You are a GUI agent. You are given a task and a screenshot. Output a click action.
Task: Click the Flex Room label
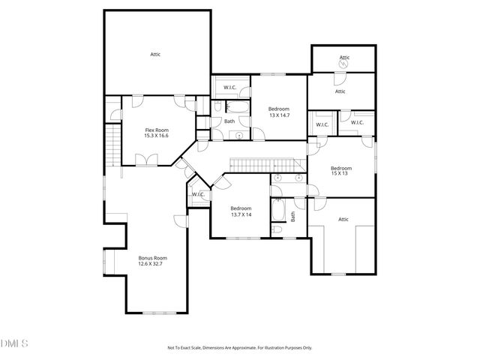(x=157, y=130)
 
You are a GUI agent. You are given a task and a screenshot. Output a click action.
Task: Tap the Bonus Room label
(x=151, y=257)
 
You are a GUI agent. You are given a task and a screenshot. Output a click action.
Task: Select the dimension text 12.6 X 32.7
(x=151, y=263)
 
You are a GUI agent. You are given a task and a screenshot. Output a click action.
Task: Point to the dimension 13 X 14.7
(x=280, y=115)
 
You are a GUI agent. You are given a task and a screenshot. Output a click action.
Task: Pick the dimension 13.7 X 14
(x=240, y=214)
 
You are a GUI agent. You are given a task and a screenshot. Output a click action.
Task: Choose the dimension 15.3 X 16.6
(x=157, y=136)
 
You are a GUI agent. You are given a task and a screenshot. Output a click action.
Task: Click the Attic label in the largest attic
(x=155, y=54)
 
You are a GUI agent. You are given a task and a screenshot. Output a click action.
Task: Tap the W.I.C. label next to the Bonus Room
(x=198, y=195)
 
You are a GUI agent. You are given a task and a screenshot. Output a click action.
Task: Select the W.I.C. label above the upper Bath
(x=230, y=88)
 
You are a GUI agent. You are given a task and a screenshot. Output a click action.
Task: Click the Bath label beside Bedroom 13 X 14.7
(x=229, y=121)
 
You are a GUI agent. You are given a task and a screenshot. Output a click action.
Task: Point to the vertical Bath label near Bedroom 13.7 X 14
(x=293, y=216)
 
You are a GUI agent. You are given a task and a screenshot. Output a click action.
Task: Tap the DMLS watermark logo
(x=14, y=344)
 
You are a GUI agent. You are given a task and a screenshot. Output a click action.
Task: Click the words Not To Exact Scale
(x=189, y=347)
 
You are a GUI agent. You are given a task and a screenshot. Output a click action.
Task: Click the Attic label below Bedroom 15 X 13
(x=343, y=219)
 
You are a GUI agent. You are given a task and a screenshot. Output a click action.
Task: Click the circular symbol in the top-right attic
(x=343, y=64)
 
